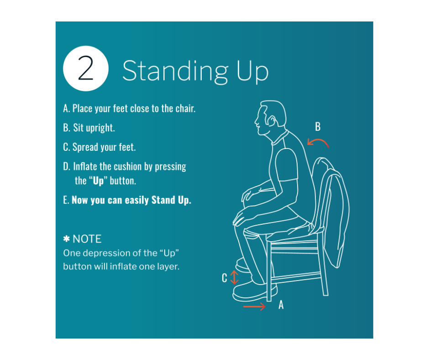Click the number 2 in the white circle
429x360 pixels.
[86, 68]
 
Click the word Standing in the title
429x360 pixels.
[175, 71]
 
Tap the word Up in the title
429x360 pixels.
[252, 72]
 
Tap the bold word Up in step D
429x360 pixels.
[99, 181]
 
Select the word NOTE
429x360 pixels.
[87, 239]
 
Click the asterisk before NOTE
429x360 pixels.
[67, 238]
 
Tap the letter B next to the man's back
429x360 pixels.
[318, 127]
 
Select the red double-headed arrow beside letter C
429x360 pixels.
[235, 277]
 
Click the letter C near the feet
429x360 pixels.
[225, 278]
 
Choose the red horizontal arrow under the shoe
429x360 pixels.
[255, 306]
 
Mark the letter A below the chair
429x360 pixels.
[281, 305]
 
